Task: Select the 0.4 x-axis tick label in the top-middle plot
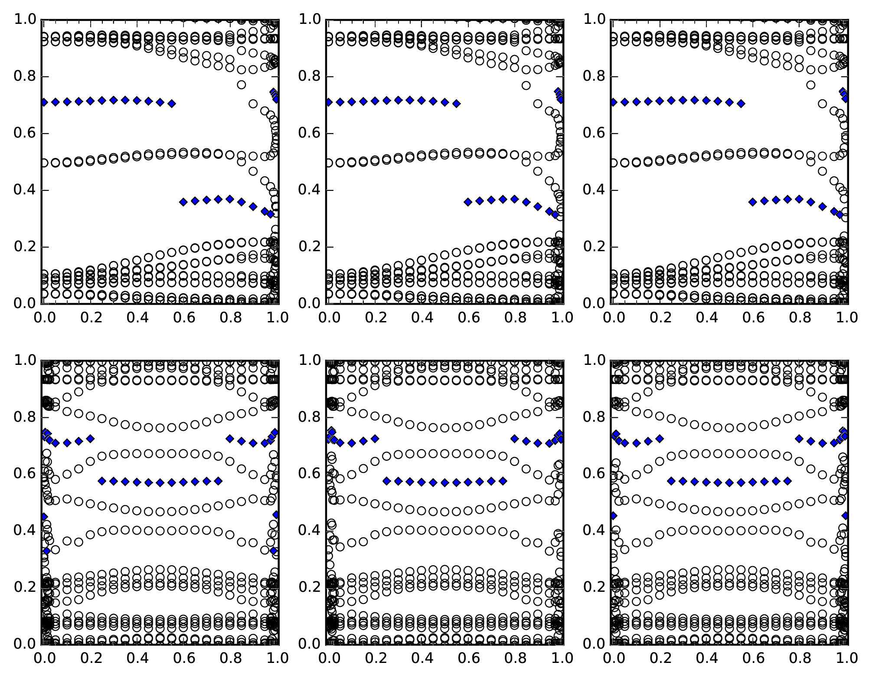[x=421, y=318]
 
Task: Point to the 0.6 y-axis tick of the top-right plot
[x=611, y=133]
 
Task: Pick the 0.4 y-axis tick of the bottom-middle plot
[x=327, y=531]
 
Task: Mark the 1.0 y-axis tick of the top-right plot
[x=611, y=20]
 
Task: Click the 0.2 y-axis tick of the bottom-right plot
[x=611, y=587]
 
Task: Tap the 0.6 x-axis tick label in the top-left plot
[x=183, y=318]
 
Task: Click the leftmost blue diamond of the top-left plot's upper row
[x=44, y=102]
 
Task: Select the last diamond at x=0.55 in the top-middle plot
[x=456, y=103]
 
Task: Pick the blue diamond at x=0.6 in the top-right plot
[x=752, y=202]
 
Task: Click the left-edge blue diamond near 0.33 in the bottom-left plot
[x=46, y=551]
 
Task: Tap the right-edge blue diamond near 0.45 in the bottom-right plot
[x=845, y=515]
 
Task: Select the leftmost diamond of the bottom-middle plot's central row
[x=386, y=481]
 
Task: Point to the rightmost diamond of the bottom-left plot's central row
[x=218, y=481]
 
